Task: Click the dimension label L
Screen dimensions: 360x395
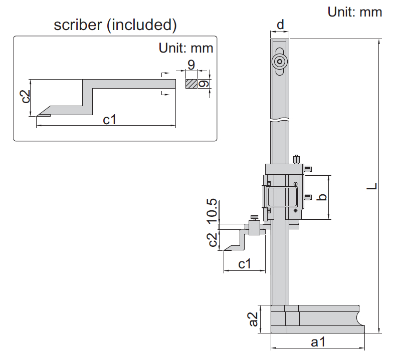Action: click(x=371, y=186)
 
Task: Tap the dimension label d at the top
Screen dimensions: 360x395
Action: click(x=280, y=24)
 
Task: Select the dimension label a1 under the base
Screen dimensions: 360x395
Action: click(x=318, y=342)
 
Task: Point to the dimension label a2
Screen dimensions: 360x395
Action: click(x=254, y=318)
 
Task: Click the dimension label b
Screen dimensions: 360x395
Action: click(x=323, y=197)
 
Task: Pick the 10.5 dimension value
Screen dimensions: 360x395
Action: click(x=212, y=210)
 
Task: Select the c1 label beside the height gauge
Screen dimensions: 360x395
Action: click(x=244, y=264)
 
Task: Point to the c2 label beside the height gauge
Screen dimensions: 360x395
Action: click(x=213, y=240)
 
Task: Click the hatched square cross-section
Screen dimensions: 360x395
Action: click(x=191, y=84)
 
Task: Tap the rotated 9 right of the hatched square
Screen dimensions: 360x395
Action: click(x=203, y=84)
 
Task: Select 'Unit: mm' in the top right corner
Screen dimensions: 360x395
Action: click(x=355, y=12)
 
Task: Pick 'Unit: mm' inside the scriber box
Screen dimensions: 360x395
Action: click(x=186, y=48)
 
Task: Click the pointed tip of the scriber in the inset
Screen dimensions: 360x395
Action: click(x=38, y=115)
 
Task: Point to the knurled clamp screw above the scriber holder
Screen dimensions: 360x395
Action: click(x=255, y=216)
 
